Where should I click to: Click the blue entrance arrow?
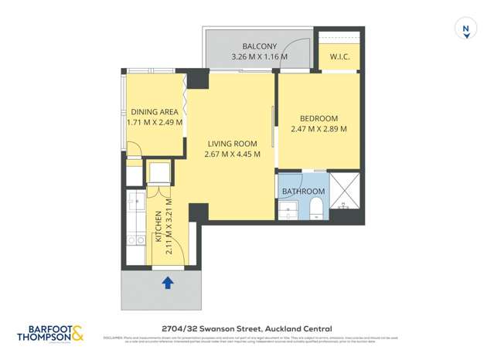point(167,283)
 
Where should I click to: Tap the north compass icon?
point(465,29)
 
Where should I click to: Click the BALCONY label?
point(259,46)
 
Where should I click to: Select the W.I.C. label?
point(340,57)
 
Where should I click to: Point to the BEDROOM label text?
point(319,118)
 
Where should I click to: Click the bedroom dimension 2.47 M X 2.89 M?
point(319,129)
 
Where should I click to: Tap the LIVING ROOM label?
point(232,144)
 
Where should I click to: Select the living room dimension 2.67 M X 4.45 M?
point(232,155)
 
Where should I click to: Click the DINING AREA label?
point(154,112)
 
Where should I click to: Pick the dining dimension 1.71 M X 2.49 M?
point(155,122)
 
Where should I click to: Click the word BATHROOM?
point(303,191)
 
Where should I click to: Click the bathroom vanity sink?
point(288,210)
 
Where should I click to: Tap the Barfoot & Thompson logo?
point(50,333)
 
